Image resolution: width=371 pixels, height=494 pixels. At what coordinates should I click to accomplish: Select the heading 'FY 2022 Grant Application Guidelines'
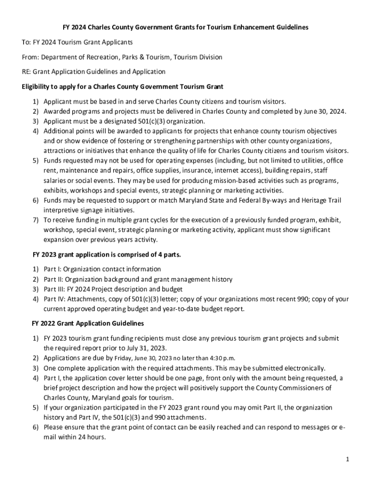[x=88, y=323]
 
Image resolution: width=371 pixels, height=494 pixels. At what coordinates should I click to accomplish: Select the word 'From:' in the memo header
[x=30, y=57]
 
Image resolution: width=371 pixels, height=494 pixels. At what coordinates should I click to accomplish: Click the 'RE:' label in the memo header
[x=26, y=72]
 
